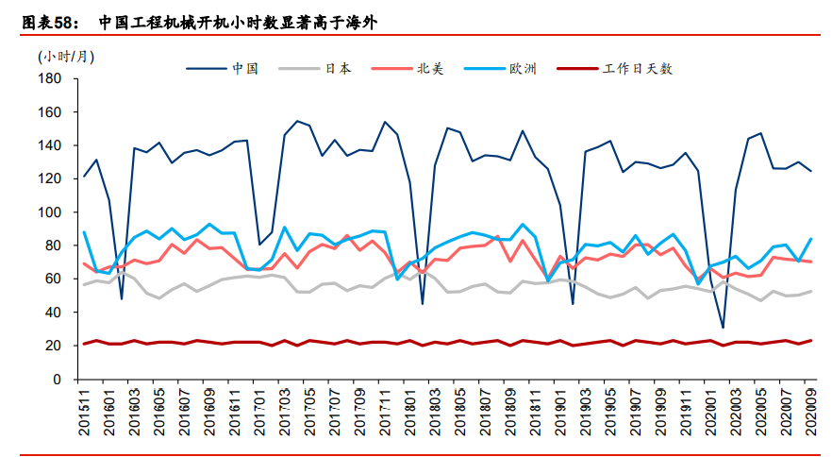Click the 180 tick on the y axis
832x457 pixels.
[x=51, y=78]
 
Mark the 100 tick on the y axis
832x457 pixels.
[x=51, y=212]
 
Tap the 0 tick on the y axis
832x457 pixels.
[x=58, y=380]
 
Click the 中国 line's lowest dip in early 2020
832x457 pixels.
[x=724, y=328]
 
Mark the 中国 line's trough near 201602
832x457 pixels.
[x=122, y=299]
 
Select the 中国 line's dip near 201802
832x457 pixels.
[x=423, y=303]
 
